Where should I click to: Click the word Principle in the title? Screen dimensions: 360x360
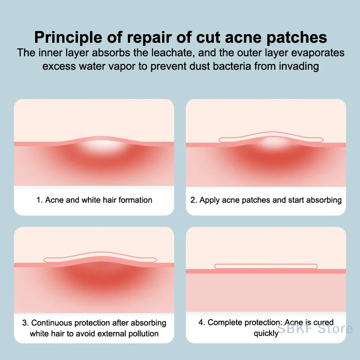[x=68, y=37]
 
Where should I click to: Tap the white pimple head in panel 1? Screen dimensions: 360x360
[x=100, y=145]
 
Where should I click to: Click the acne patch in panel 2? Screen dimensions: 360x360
[x=271, y=137]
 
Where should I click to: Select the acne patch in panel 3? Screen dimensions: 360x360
[x=100, y=257]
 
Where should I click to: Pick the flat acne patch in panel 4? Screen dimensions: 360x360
[x=266, y=266]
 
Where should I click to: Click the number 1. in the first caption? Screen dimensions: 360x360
[x=40, y=200]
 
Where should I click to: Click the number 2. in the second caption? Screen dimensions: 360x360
[x=194, y=200]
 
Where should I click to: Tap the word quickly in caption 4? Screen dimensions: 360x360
[x=266, y=333]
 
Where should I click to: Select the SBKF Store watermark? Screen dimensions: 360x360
[x=315, y=328]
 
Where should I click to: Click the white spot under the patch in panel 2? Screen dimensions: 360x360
[x=272, y=141]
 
